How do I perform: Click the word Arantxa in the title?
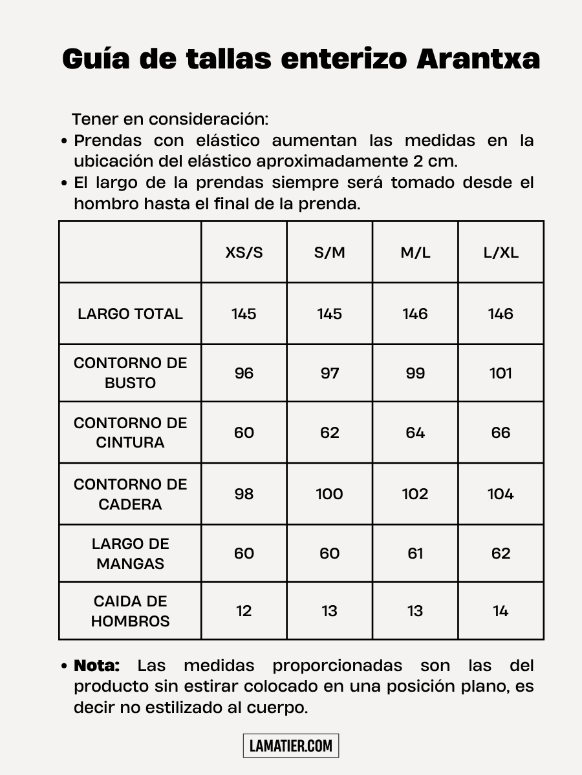pyautogui.click(x=478, y=59)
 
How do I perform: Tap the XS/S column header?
pyautogui.click(x=244, y=253)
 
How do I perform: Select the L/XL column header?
pyautogui.click(x=501, y=253)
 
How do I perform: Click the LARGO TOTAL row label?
pyautogui.click(x=130, y=314)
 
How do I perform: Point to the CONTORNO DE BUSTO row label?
pyautogui.click(x=130, y=373)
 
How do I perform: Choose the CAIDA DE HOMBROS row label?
pyautogui.click(x=130, y=611)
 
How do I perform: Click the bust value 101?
pyautogui.click(x=501, y=373)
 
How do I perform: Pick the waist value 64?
pyautogui.click(x=415, y=433)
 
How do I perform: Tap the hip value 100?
pyautogui.click(x=330, y=494)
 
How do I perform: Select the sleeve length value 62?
pyautogui.click(x=501, y=553)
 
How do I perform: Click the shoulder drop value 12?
pyautogui.click(x=244, y=611)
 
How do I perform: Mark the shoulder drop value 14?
pyautogui.click(x=501, y=611)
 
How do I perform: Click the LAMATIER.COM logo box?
pyautogui.click(x=291, y=746)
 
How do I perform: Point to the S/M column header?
pyautogui.click(x=330, y=253)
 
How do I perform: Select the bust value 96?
pyautogui.click(x=244, y=373)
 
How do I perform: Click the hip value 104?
pyautogui.click(x=501, y=494)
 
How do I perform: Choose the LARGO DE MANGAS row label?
pyautogui.click(x=130, y=553)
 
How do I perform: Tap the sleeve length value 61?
pyautogui.click(x=415, y=553)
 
